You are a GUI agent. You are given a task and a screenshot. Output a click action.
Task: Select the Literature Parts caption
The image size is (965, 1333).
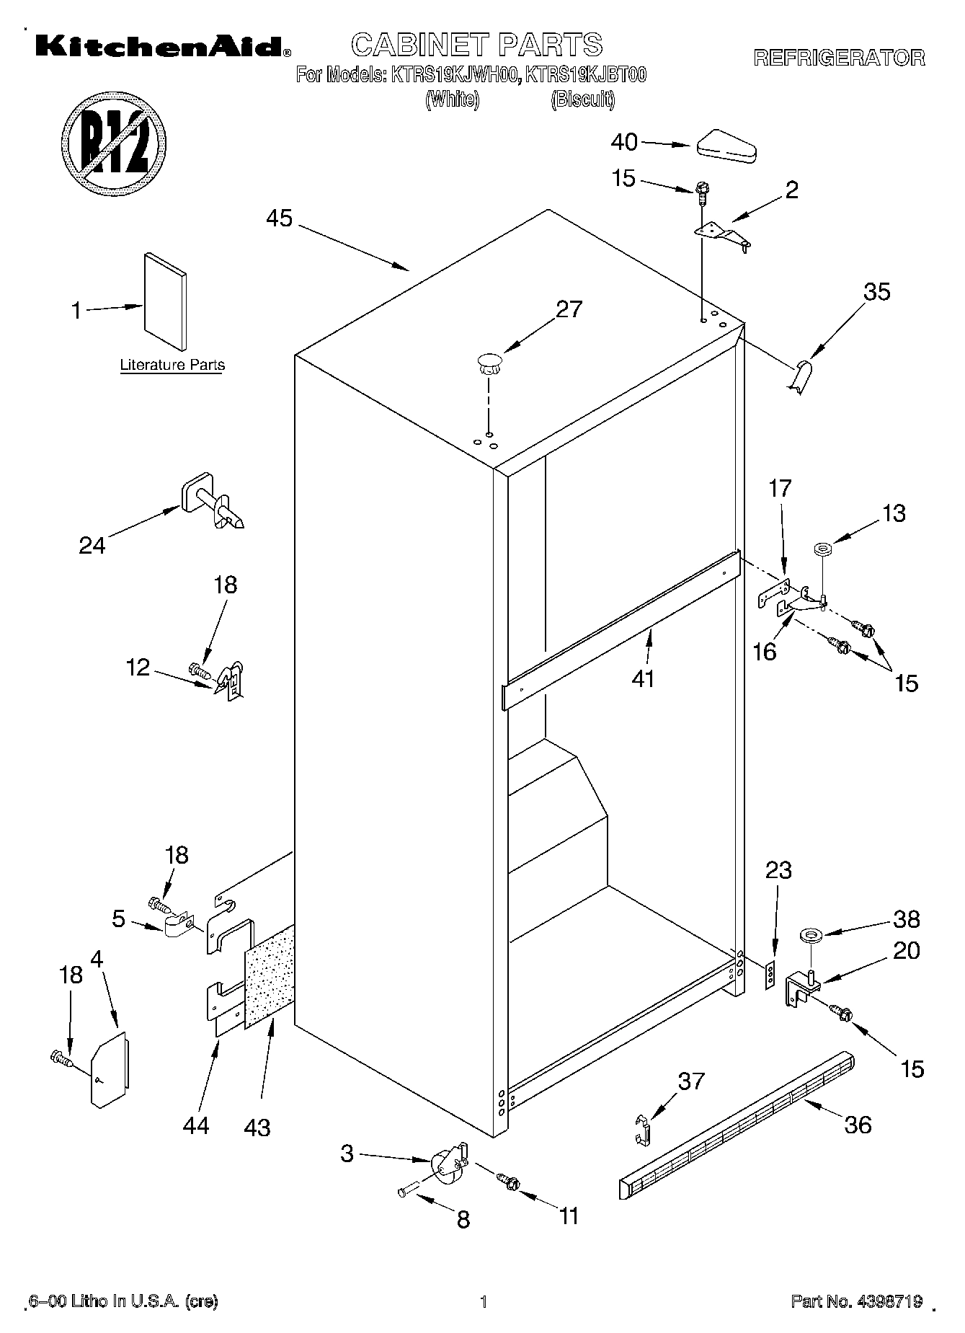(x=172, y=365)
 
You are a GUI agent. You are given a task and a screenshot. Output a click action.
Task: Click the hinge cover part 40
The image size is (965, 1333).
(x=726, y=146)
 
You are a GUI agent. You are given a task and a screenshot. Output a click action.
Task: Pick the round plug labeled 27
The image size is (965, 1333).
(x=489, y=362)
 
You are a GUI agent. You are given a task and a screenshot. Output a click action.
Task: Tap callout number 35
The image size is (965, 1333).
(x=877, y=292)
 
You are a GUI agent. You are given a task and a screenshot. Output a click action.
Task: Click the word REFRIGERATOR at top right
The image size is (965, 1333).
(x=839, y=58)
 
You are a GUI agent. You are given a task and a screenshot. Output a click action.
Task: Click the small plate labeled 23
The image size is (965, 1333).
(x=770, y=975)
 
